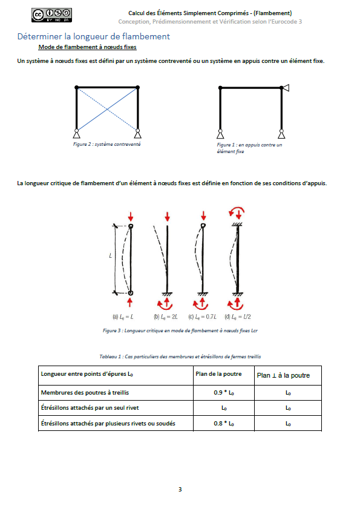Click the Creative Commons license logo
click(51, 15)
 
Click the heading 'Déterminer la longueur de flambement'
click(94, 36)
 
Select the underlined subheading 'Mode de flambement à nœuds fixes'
click(87, 47)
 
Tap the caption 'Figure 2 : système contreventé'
click(107, 144)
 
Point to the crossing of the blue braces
click(107, 110)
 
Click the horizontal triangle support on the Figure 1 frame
click(286, 88)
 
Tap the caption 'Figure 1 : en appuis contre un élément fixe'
click(249, 148)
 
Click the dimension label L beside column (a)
click(110, 256)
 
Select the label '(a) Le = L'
click(123, 317)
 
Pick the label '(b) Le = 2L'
click(166, 317)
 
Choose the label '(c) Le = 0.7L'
click(202, 317)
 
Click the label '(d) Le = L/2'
click(238, 317)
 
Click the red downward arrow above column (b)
click(167, 217)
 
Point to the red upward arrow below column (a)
click(130, 303)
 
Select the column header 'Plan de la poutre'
click(218, 374)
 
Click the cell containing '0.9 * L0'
click(224, 393)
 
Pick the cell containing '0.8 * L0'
click(224, 423)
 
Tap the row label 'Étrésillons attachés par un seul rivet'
click(90, 408)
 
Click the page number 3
click(180, 489)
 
